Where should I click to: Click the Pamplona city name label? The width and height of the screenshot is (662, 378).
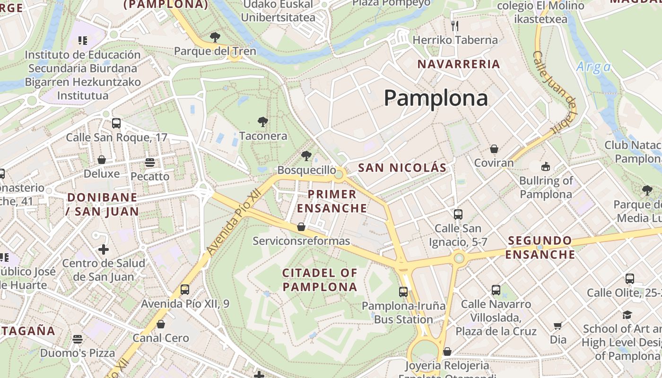click(436, 98)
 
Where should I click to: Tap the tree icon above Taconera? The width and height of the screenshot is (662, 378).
click(263, 122)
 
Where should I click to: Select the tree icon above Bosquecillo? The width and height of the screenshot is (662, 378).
click(306, 155)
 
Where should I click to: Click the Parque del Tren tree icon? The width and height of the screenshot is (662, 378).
click(215, 37)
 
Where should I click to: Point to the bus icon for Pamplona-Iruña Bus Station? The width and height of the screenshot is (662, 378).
click(403, 292)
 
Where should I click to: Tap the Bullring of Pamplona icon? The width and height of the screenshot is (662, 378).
click(546, 166)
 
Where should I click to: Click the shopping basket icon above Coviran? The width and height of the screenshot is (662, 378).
click(494, 149)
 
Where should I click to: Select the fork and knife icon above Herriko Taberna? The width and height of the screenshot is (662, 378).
click(455, 26)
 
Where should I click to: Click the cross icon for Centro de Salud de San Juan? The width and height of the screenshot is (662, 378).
click(104, 249)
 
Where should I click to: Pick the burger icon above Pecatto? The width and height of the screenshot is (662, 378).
click(150, 163)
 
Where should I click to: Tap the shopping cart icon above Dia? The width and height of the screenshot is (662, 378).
click(558, 326)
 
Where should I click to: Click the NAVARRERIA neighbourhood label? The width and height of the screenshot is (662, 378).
click(459, 64)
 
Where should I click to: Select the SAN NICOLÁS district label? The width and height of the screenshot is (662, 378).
click(402, 168)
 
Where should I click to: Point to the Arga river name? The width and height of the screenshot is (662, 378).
click(593, 67)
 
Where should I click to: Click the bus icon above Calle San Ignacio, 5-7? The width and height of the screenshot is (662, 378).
click(458, 214)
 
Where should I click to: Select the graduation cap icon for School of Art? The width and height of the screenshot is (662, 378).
click(627, 315)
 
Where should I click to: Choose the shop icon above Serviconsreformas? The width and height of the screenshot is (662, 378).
click(301, 227)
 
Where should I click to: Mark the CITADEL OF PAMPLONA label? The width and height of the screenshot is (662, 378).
click(320, 280)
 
